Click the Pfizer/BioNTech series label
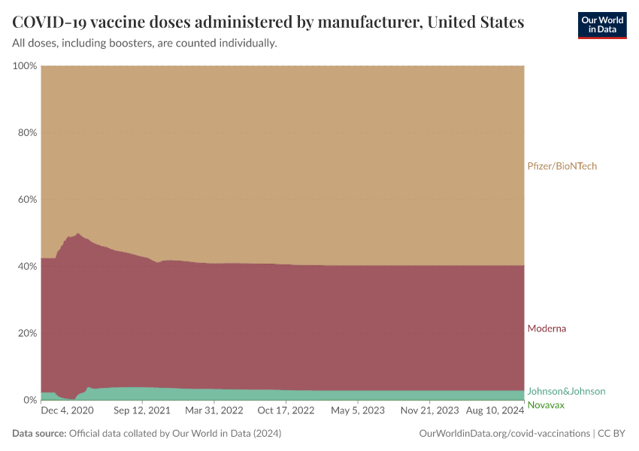(562, 166)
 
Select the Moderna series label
(547, 328)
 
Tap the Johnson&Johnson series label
(566, 392)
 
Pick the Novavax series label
(546, 405)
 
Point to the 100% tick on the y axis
(25, 66)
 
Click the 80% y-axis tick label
(27, 133)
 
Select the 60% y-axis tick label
(27, 200)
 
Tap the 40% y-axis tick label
(27, 266)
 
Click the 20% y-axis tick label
(27, 333)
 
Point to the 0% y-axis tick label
(30, 400)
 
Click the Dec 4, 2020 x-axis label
(67, 411)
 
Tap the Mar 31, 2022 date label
(215, 411)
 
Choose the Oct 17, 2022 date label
(286, 411)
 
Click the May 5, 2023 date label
(358, 411)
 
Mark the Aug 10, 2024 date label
(494, 411)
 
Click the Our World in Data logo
(601, 25)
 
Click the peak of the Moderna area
(78, 234)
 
